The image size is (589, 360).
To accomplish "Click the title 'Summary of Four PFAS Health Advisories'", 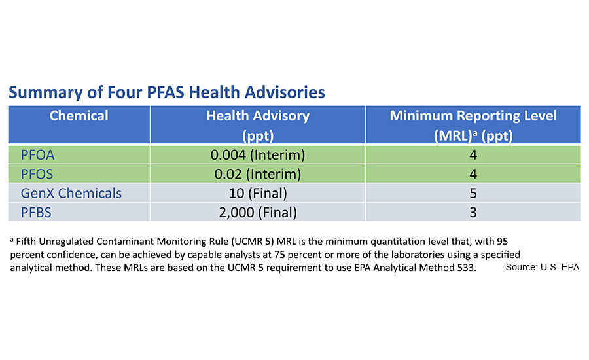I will (x=166, y=92).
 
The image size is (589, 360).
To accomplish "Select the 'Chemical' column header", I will (x=79, y=116).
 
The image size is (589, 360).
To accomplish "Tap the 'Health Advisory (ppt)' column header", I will (x=258, y=124).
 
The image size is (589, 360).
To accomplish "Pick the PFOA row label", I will (x=39, y=155).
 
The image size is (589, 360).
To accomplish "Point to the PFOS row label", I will (x=38, y=174).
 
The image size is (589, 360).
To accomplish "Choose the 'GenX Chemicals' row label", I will (x=71, y=193).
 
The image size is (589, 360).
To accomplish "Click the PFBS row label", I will (x=38, y=212).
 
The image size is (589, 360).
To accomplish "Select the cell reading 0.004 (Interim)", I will (x=258, y=155).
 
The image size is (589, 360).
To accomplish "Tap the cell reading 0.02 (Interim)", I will (x=258, y=174).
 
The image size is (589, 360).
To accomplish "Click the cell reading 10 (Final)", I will (x=258, y=193).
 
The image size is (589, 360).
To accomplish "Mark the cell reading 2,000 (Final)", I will (x=258, y=212).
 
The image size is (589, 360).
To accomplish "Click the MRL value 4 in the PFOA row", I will (x=473, y=155).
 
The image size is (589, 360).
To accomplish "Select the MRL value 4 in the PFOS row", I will (x=473, y=174).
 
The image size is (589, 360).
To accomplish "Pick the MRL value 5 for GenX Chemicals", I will (x=473, y=193).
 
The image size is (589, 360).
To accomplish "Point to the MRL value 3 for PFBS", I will (x=473, y=212).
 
